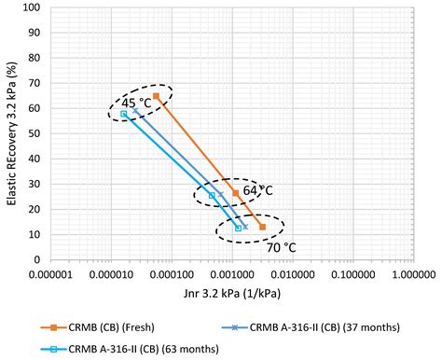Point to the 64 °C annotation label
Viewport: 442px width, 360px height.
pyautogui.click(x=255, y=191)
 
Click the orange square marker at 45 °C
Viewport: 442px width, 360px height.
pyautogui.click(x=156, y=96)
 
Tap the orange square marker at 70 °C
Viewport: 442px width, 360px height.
pyautogui.click(x=263, y=227)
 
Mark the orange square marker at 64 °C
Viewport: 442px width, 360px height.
pyautogui.click(x=236, y=194)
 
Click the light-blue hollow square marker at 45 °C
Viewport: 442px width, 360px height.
pyautogui.click(x=123, y=114)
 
